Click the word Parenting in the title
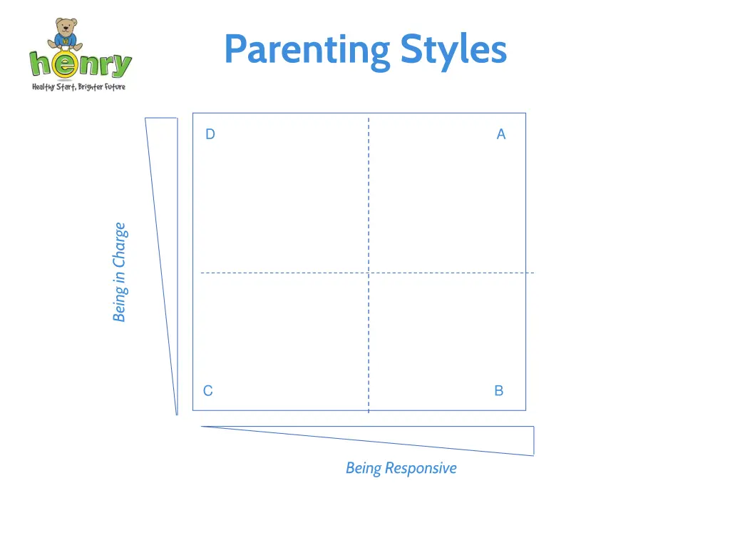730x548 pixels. [307, 50]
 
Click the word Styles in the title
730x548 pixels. [453, 50]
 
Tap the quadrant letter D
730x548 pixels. [210, 134]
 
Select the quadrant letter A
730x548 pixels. [501, 134]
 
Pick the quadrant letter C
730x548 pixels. [207, 390]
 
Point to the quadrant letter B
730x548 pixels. [499, 390]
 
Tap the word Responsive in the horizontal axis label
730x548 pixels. [421, 468]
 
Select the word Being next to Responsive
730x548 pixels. [363, 468]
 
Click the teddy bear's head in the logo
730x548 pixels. [66, 29]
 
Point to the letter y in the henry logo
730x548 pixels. [122, 66]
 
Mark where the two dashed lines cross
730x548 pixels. [369, 273]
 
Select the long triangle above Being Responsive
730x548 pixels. [463, 437]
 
